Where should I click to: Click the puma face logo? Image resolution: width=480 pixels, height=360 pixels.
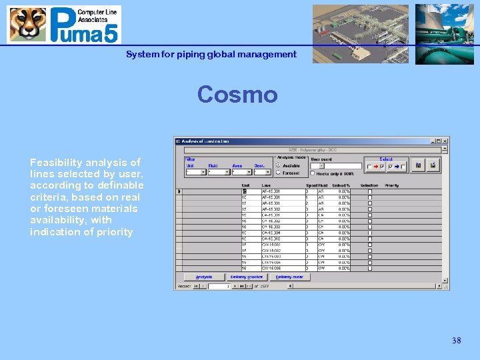pos(27,25)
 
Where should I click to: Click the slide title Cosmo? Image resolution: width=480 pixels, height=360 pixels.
pos(237,95)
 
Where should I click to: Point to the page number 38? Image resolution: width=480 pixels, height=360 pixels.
pos(456,341)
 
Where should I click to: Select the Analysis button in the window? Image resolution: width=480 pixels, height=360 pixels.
pos(203,277)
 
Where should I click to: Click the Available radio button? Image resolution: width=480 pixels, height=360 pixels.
pos(278,165)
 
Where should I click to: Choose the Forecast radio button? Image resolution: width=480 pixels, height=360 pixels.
pos(278,172)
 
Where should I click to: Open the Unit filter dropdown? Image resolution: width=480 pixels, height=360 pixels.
pos(195,172)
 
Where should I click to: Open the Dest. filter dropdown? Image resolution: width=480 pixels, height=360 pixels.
pos(261,172)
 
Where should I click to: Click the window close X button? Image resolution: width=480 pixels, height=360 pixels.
pos(445,141)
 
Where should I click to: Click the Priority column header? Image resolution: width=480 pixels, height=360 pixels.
pos(392,185)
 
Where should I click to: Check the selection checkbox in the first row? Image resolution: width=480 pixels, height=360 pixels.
pos(370,191)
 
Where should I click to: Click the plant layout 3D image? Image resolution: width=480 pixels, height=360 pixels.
pos(361,33)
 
